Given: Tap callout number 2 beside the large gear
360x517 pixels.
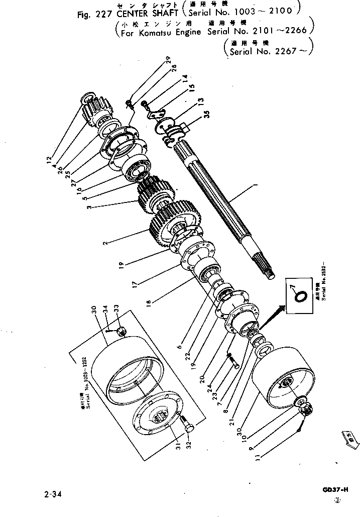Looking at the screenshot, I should (106, 244).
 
